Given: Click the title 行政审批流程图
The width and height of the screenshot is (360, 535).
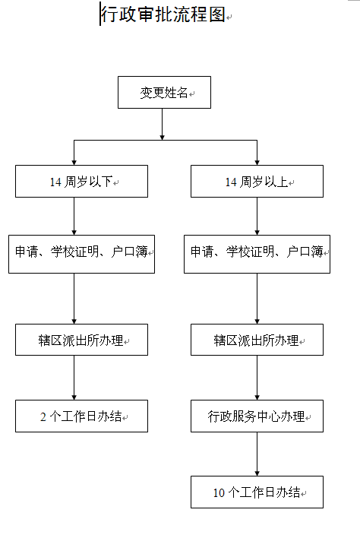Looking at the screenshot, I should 163,14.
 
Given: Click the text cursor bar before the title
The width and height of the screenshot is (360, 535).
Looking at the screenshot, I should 100,14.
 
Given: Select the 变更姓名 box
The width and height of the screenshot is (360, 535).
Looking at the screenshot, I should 164,93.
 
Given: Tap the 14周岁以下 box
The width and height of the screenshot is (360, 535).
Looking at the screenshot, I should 81,182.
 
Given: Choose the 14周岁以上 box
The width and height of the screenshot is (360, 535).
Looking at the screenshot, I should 257,182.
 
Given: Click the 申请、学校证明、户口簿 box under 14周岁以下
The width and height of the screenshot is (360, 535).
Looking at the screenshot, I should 81,253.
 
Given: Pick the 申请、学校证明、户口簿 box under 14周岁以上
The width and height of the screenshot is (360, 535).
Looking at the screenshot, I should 257,253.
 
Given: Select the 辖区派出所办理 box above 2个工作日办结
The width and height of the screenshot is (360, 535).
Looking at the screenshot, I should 81,340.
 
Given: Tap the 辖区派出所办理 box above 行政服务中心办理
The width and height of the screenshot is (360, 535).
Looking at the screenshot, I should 257,340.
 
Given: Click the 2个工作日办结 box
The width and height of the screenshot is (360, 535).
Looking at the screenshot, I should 81,416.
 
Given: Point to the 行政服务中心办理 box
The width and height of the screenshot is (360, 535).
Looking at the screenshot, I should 257,416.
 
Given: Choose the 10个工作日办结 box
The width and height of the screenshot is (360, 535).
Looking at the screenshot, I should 257,492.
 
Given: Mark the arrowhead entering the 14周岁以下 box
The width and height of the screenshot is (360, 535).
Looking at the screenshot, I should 74,161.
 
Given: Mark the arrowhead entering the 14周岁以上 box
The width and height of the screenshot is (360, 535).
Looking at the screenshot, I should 257,161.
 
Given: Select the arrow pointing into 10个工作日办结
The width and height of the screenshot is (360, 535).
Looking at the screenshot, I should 257,464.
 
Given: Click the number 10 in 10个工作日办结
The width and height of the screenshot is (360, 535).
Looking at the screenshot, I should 218,493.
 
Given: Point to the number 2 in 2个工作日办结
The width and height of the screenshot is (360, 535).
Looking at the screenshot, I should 43,417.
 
